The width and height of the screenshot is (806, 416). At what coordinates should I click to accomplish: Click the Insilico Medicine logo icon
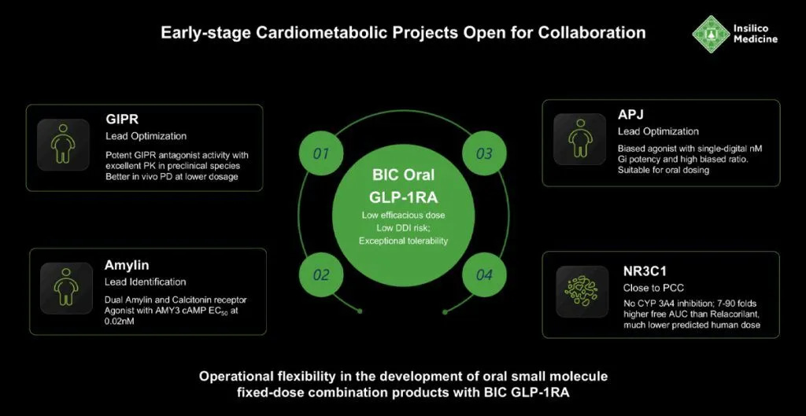(x=710, y=34)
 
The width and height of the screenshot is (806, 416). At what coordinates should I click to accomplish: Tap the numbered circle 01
(x=320, y=153)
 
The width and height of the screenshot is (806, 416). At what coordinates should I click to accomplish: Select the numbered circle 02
(x=320, y=274)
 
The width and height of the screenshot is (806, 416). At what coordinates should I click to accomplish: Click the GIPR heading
(x=121, y=120)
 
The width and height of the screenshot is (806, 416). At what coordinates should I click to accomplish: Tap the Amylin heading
(x=127, y=266)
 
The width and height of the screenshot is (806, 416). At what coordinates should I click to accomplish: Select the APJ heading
(x=630, y=116)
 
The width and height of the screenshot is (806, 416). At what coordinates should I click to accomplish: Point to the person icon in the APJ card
(x=579, y=138)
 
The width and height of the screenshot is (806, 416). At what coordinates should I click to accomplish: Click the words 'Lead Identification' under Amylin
(x=145, y=282)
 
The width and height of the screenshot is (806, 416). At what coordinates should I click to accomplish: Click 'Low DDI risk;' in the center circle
(x=403, y=227)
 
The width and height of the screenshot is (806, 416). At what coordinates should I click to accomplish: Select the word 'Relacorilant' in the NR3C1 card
(x=704, y=315)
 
